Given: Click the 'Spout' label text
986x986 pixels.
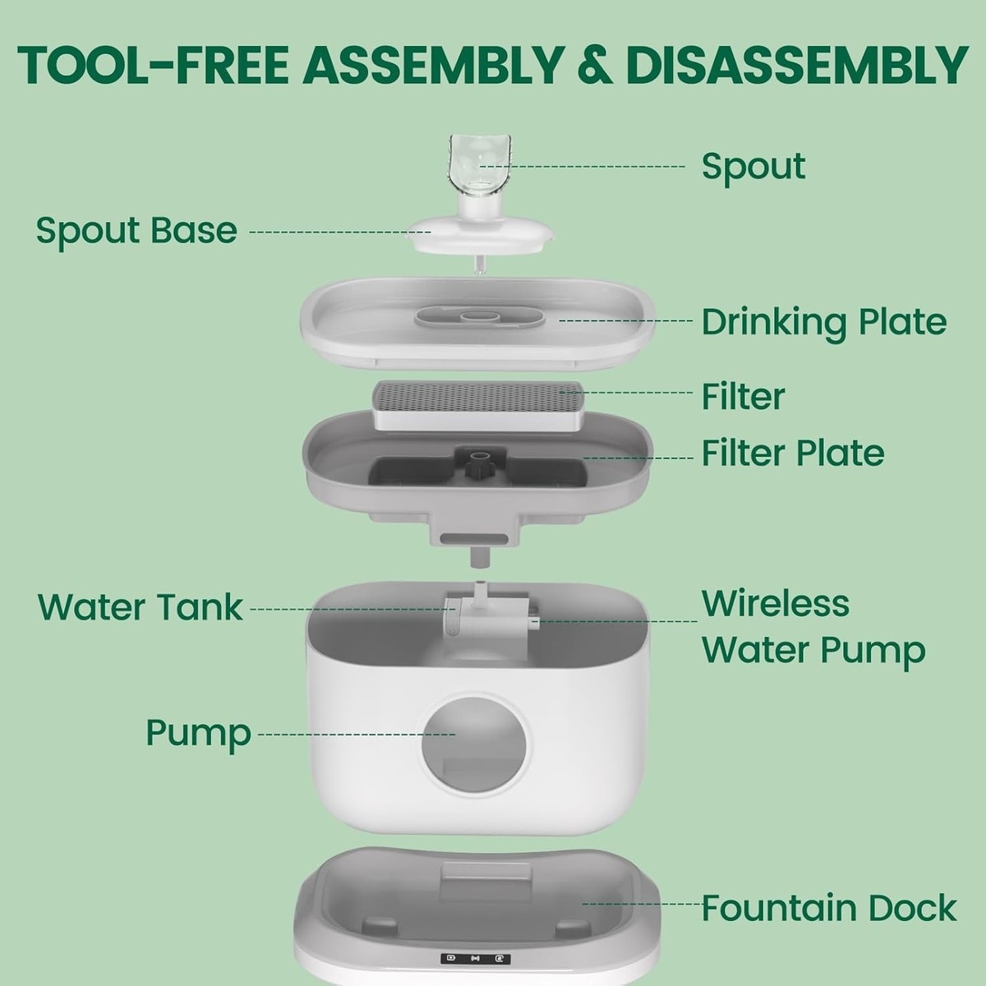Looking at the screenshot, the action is point(753,166).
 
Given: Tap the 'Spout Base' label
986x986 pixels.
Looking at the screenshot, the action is point(136,231).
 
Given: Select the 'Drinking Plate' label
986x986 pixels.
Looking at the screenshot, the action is point(824,322).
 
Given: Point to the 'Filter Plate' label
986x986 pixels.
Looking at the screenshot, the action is point(793,453).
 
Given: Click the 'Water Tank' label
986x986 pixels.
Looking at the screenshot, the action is point(141,607).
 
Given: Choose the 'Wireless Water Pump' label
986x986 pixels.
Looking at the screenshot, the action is point(813,626).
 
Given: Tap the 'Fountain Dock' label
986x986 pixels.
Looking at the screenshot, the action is point(829,908).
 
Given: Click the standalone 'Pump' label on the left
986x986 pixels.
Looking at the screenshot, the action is point(199,734).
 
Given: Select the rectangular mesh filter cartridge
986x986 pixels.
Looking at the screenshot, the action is point(478,406).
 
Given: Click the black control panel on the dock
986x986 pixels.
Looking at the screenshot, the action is point(475,958).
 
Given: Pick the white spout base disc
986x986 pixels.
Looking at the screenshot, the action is point(480,234).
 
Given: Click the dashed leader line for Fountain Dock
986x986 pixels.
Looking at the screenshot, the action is point(641,904).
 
